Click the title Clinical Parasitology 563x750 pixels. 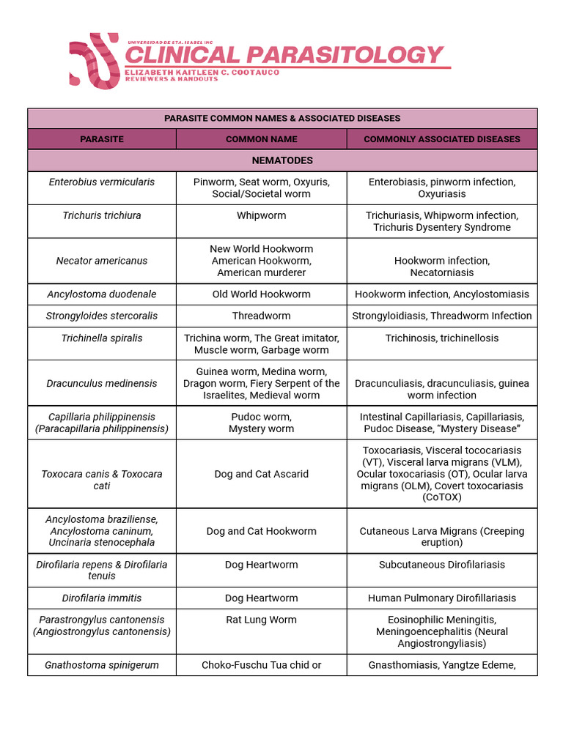pos(284,55)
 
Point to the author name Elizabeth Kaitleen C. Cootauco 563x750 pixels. pos(202,73)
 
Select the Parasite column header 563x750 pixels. pos(102,139)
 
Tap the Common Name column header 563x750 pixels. pos(261,139)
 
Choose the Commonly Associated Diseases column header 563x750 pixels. pos(441,139)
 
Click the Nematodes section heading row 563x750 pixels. pos(282,160)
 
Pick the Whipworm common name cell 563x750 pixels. pos(261,216)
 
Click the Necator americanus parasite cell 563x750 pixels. pos(102,261)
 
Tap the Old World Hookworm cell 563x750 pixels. pos(261,294)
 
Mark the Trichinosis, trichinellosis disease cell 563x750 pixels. pos(441,338)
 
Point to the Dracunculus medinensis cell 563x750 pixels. pos(102,383)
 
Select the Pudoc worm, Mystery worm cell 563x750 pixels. pos(261,423)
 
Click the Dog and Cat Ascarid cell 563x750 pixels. pos(261,474)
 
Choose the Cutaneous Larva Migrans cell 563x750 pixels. pos(441,537)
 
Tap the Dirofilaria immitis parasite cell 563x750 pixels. pos(102,598)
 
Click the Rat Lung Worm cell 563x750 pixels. pos(261,620)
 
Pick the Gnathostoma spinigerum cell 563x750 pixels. pos(102,665)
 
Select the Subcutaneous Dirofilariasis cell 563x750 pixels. pos(441,565)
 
